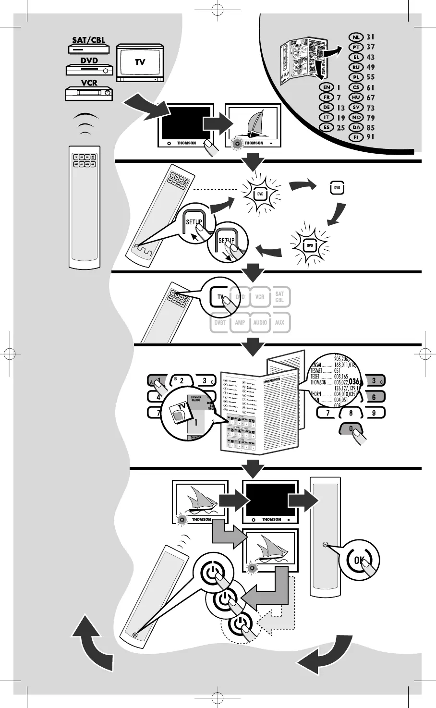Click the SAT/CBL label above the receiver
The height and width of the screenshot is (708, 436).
coord(89,40)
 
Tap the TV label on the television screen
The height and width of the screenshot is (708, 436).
coord(140,62)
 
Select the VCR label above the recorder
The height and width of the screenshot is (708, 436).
coord(89,83)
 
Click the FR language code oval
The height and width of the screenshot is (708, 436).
coord(327,98)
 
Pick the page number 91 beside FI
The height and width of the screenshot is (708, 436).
coord(370,137)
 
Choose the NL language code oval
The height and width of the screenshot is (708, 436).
coord(356,37)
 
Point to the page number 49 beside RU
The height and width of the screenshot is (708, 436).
coord(370,67)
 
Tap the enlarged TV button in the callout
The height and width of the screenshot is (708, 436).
coord(220,297)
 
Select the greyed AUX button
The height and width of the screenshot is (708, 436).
coord(280,323)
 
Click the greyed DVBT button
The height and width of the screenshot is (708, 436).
coord(220,323)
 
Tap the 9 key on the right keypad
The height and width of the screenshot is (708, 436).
coord(374,413)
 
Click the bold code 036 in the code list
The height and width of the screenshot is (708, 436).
coord(354,382)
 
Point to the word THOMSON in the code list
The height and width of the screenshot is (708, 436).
coord(318,383)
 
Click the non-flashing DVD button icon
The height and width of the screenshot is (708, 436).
coord(337,188)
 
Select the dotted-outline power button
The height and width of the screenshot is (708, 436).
coord(241,625)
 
